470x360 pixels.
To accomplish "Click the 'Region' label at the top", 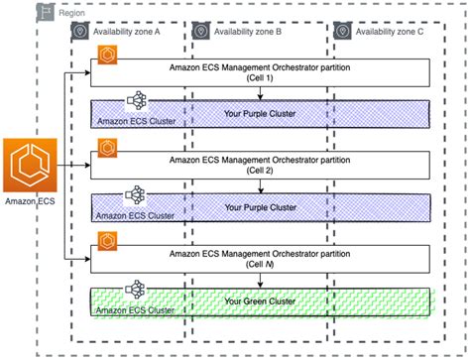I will coord(70,12).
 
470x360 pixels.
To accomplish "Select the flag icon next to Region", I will coord(46,12).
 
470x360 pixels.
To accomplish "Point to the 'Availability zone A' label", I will coord(129,32).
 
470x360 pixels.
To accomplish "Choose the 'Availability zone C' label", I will coord(387,32).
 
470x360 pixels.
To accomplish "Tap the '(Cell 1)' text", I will coord(260,77).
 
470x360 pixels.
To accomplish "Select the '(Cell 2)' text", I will coord(260,171).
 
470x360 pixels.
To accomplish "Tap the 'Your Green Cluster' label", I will coord(260,300).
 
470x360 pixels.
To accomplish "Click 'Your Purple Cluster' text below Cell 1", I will coord(260,113).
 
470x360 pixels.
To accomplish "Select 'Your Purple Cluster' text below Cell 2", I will coord(260,206).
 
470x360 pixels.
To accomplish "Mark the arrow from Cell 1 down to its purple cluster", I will coord(260,92).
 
